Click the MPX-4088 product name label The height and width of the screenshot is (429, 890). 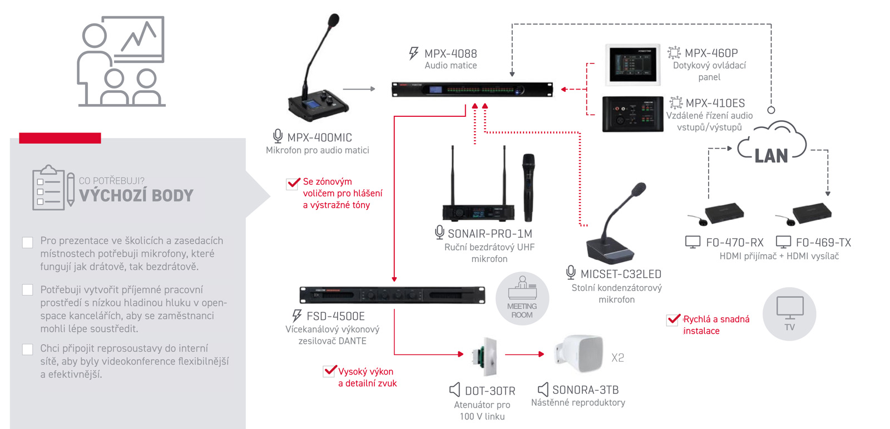tap(451, 53)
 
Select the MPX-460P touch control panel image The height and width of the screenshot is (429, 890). tap(632, 65)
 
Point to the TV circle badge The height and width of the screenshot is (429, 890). tap(789, 314)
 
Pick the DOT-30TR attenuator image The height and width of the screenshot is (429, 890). tap(484, 356)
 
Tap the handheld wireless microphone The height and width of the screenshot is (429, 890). tap(528, 186)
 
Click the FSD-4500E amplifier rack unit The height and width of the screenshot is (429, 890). tap(392, 295)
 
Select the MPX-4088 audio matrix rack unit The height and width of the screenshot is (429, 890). tap(472, 90)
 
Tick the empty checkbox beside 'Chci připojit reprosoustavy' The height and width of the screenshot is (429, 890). tap(27, 349)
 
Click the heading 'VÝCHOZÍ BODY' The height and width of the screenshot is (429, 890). tap(136, 195)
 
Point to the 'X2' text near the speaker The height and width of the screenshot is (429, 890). tap(617, 358)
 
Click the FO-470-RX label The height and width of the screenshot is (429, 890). tap(734, 243)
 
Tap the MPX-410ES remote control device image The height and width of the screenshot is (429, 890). tap(632, 114)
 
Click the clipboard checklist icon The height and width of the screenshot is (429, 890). tap(52, 188)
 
